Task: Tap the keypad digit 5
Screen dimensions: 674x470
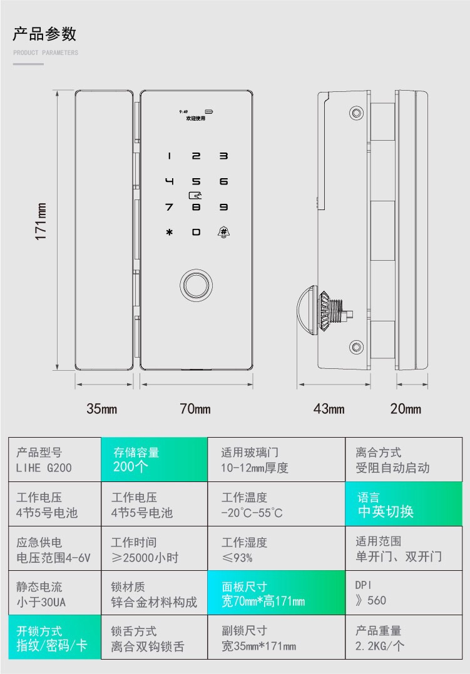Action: pyautogui.click(x=196, y=182)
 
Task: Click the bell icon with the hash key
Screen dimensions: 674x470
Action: pyautogui.click(x=223, y=232)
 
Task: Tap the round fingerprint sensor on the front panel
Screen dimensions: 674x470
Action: pyautogui.click(x=196, y=284)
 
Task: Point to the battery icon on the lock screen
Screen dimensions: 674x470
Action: pyautogui.click(x=208, y=112)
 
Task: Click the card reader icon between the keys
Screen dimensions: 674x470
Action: pyautogui.click(x=196, y=194)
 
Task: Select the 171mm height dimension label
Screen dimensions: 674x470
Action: pyautogui.click(x=41, y=221)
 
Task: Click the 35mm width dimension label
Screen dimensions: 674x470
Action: pyautogui.click(x=102, y=409)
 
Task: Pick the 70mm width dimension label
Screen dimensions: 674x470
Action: pyautogui.click(x=195, y=409)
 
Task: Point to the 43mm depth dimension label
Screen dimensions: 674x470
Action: pyautogui.click(x=329, y=409)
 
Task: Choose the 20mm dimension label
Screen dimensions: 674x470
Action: pyautogui.click(x=406, y=409)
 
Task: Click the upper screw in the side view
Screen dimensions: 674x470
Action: pyautogui.click(x=356, y=113)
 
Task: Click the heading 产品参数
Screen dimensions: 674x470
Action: pyautogui.click(x=44, y=34)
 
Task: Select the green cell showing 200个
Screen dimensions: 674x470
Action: pyautogui.click(x=154, y=460)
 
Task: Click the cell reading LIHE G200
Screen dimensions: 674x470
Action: pyautogui.click(x=54, y=460)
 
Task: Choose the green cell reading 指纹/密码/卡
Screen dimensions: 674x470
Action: pyautogui.click(x=54, y=638)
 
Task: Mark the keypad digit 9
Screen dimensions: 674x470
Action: pyautogui.click(x=223, y=207)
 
